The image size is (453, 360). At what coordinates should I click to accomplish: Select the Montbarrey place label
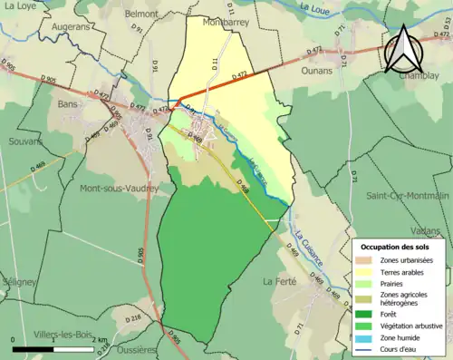[x=226, y=21]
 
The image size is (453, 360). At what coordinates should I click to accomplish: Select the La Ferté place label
[x=280, y=282]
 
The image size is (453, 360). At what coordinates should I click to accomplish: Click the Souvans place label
[x=27, y=141]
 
